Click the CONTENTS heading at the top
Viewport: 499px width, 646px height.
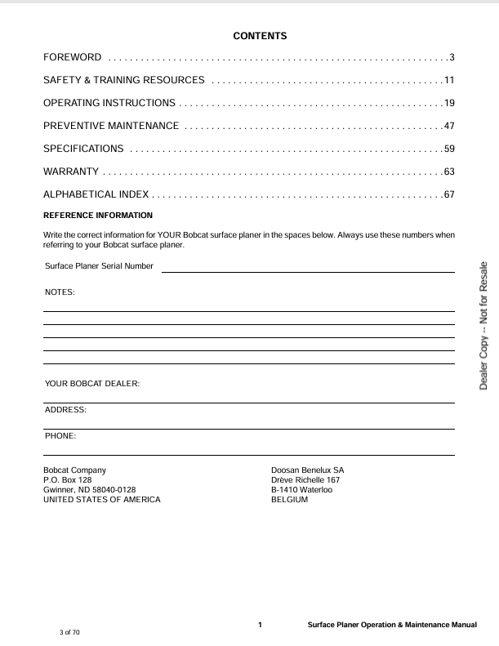(x=260, y=36)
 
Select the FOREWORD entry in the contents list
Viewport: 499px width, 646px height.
(x=73, y=57)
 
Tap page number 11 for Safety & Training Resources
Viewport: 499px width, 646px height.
(x=448, y=80)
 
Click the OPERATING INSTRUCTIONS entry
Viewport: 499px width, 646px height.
(x=109, y=103)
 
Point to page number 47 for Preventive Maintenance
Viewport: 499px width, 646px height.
(x=448, y=126)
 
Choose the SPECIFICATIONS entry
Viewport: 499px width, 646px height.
(x=83, y=149)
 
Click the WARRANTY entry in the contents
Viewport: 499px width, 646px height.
(x=71, y=172)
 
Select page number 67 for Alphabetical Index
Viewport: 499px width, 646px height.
(x=448, y=194)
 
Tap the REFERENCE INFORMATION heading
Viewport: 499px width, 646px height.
(x=98, y=216)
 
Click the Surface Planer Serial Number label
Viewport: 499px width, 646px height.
(x=99, y=266)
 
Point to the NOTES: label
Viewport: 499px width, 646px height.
(x=59, y=292)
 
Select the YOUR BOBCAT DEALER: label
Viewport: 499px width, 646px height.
(x=92, y=383)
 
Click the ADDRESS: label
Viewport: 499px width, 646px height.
(x=65, y=409)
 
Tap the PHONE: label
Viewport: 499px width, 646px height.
(x=60, y=436)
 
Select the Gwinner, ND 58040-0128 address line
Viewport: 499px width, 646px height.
(x=89, y=490)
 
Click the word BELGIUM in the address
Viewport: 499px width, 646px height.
(x=289, y=500)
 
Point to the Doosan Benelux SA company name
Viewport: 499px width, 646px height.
(x=307, y=470)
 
